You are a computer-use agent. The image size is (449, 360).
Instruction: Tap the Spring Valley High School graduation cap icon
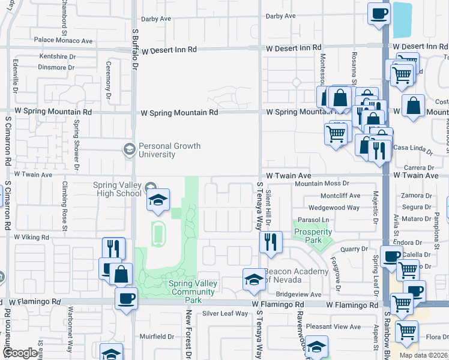[158, 200]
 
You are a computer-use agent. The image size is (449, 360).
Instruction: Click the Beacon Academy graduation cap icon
[254, 280]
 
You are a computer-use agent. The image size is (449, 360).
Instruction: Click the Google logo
[19, 353]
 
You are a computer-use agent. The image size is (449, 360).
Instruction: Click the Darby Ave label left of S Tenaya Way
[157, 19]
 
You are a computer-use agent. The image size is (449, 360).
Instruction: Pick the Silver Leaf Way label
[225, 313]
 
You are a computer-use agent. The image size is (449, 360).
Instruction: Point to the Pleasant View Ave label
[333, 326]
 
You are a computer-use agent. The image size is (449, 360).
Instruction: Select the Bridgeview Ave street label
[298, 295]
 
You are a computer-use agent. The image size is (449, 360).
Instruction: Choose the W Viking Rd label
[31, 238]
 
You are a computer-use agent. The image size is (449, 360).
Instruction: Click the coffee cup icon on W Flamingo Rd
[126, 298]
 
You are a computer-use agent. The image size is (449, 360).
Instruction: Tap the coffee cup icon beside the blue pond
[379, 13]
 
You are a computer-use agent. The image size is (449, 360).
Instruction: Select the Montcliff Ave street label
[340, 196]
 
